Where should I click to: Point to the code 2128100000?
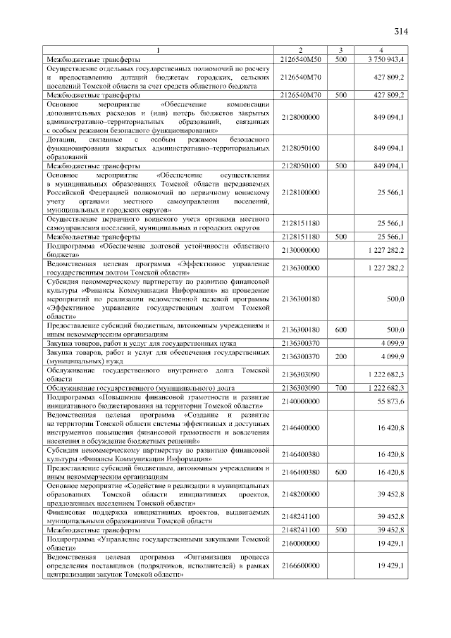tap(300, 192)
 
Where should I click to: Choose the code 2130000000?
tap(300, 251)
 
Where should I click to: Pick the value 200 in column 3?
tap(340, 357)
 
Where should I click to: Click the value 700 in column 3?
tap(340, 388)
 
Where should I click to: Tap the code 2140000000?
tap(300, 401)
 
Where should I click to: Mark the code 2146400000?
tap(300, 427)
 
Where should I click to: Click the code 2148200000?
tap(300, 494)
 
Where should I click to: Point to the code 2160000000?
tap(300, 544)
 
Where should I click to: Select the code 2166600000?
tap(300, 565)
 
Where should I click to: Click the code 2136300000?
tap(300, 268)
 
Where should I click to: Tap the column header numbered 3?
tap(340, 50)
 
